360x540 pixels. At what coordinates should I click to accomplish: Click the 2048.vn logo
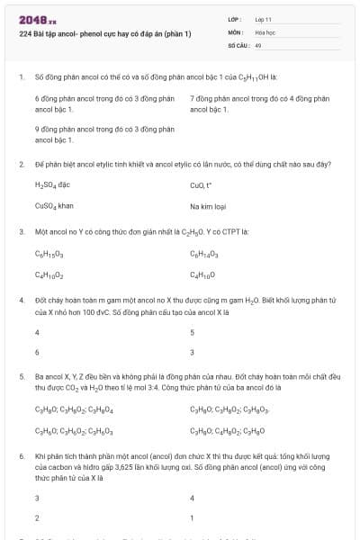[x=38, y=19]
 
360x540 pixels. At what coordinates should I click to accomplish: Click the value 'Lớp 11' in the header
[x=264, y=18]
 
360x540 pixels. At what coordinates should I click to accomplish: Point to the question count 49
[x=258, y=43]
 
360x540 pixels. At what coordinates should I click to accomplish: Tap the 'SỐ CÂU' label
[x=237, y=43]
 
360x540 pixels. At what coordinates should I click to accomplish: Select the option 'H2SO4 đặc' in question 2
[x=52, y=184]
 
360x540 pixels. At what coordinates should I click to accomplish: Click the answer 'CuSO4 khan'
[x=54, y=205]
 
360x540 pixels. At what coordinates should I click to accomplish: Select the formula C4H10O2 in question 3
[x=49, y=274]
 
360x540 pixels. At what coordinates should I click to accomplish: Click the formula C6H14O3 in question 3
[x=204, y=254]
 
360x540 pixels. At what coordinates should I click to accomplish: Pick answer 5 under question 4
[x=193, y=332]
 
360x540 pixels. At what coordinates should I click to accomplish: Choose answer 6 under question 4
[x=37, y=352]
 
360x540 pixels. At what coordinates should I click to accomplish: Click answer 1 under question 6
[x=192, y=518]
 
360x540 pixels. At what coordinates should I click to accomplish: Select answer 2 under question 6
[x=37, y=518]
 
